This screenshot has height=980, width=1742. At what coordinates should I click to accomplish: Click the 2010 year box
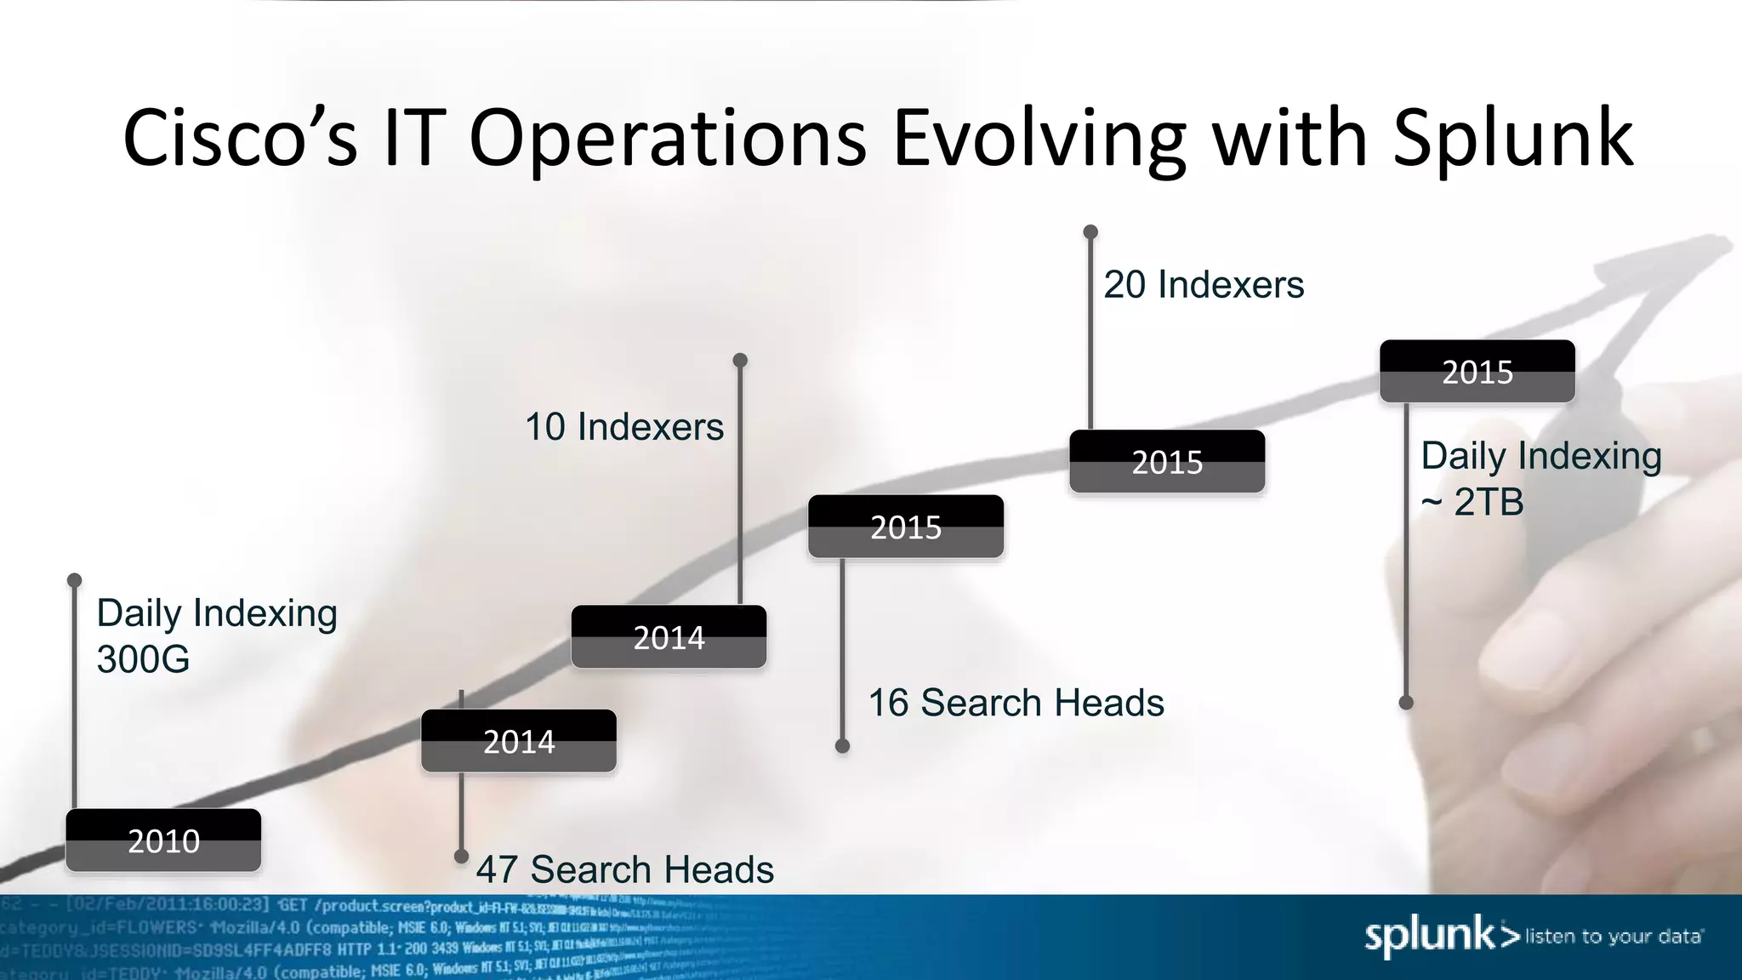tap(163, 840)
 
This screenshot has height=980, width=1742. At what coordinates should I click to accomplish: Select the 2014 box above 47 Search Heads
tap(519, 741)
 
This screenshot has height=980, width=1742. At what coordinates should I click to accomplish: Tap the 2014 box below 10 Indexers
tap(669, 637)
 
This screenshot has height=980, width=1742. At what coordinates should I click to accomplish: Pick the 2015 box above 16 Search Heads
tap(906, 527)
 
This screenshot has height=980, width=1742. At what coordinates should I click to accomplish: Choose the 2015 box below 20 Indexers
tap(1167, 462)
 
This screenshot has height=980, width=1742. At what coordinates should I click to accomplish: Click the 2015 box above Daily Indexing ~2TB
tap(1477, 372)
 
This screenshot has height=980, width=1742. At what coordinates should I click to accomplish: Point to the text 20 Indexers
tap(1203, 284)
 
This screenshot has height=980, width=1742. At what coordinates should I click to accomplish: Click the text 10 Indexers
tap(623, 426)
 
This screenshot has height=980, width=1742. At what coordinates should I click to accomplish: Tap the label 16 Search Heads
tap(1016, 703)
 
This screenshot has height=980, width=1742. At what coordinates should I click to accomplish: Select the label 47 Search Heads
tap(624, 869)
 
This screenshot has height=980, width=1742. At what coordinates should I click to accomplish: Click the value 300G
tap(143, 659)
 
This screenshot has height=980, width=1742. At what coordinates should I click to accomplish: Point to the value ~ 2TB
tap(1472, 502)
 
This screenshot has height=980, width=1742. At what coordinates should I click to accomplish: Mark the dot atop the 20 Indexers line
tap(1090, 232)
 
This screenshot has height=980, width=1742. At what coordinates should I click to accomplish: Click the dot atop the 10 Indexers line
tap(740, 360)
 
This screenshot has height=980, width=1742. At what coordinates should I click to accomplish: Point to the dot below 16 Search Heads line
tap(842, 746)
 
